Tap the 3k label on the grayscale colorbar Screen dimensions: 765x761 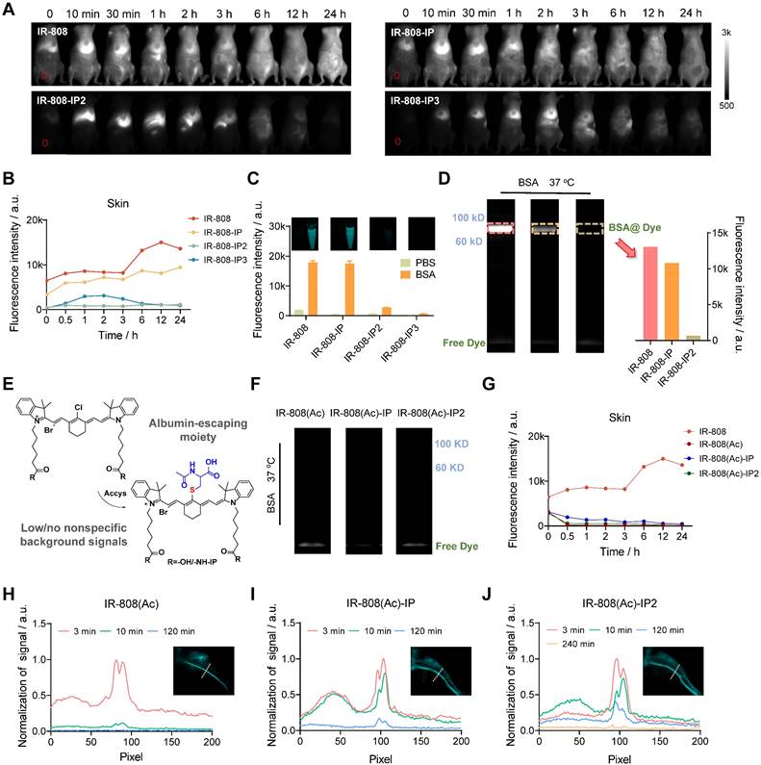click(x=728, y=32)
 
